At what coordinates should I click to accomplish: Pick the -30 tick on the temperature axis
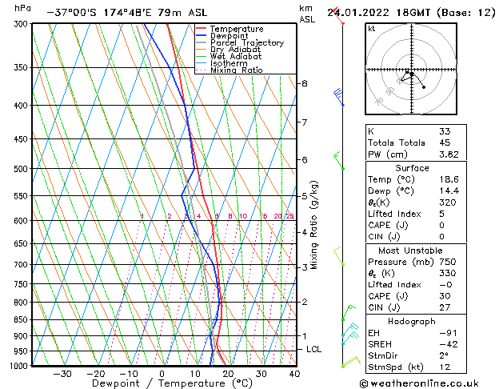(x=62, y=373)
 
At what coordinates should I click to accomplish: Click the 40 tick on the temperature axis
(x=294, y=373)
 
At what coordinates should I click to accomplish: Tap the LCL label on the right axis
(x=314, y=350)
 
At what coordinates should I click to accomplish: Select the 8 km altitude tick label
(x=304, y=83)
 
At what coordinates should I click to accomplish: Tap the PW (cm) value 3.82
(x=449, y=155)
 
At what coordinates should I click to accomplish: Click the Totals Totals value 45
(x=444, y=143)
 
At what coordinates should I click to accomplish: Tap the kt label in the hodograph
(x=371, y=28)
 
